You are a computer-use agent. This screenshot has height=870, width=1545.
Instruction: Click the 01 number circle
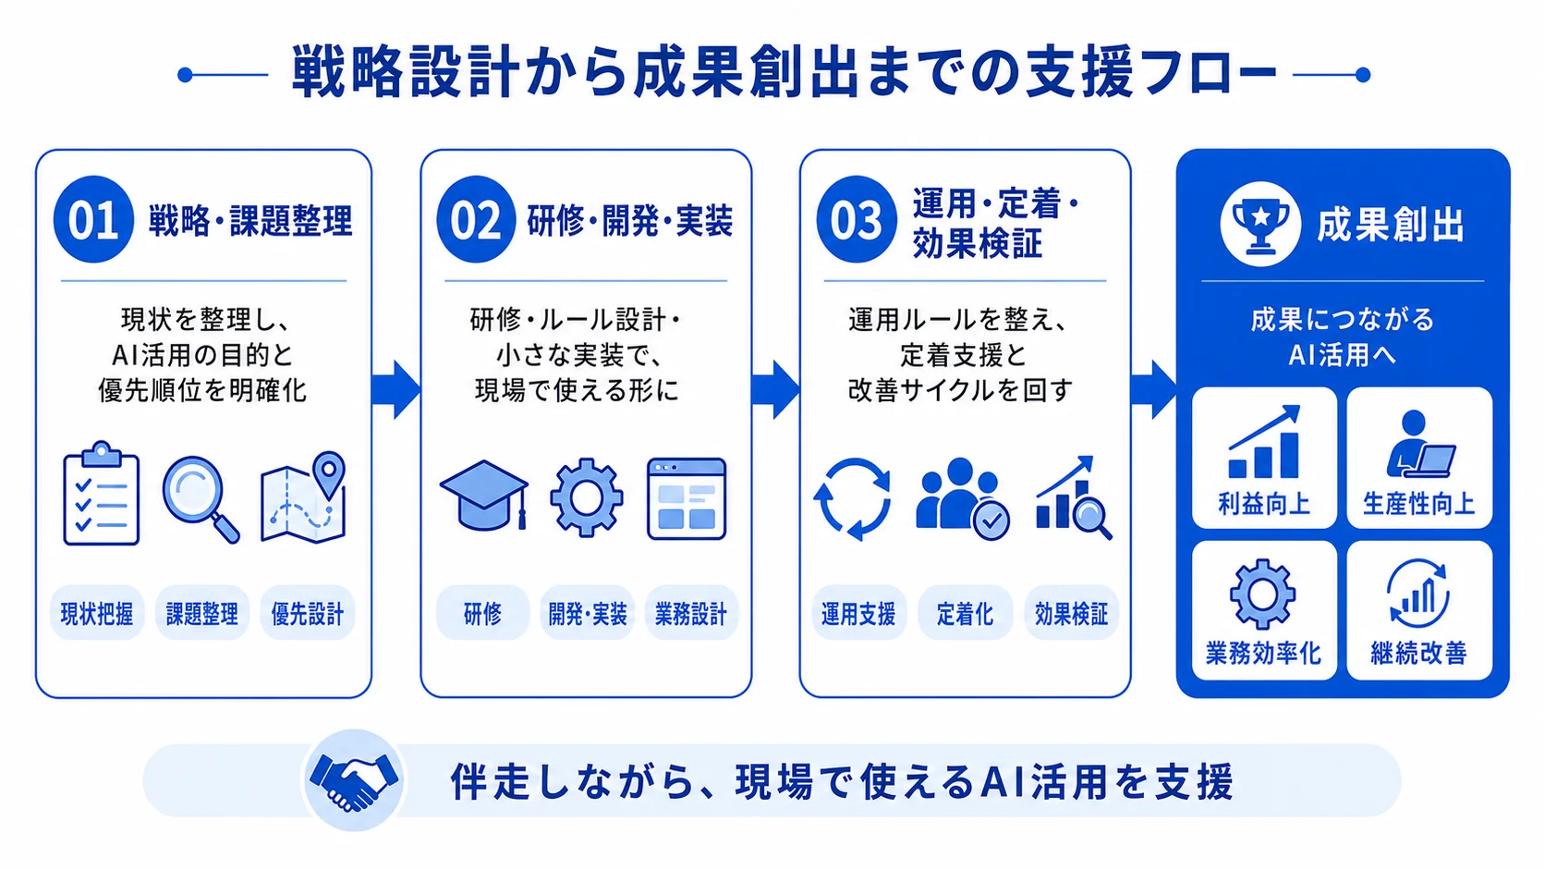tap(93, 219)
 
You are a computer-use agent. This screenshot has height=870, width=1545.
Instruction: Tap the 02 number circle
tap(476, 219)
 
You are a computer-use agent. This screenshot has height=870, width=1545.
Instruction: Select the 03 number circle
tap(856, 219)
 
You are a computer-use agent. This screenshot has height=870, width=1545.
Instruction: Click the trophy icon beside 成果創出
tap(1260, 225)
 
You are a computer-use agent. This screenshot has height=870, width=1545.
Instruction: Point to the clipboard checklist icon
tap(102, 494)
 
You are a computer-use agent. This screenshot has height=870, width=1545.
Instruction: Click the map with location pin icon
tap(303, 497)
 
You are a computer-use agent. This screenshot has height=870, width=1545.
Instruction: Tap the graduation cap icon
tap(484, 495)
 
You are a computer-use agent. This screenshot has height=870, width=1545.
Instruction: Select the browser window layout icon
tap(687, 498)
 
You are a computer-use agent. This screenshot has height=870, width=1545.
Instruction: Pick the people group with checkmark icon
tap(963, 498)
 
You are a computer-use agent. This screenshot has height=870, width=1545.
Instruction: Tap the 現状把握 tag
tap(97, 613)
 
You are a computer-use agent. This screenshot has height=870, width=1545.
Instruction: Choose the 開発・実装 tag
tap(587, 613)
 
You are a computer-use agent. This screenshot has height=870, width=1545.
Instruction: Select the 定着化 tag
tap(965, 613)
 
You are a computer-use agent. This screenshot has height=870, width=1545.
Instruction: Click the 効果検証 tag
tap(1071, 613)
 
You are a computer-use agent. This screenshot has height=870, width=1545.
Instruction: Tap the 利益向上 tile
tap(1264, 458)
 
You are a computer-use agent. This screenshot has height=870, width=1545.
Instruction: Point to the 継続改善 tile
tap(1419, 610)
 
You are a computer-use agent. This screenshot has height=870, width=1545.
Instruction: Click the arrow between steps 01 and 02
tap(395, 389)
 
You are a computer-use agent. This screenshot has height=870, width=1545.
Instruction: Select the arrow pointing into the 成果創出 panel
tap(1153, 389)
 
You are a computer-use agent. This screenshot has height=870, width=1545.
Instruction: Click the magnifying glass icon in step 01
tap(201, 499)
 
